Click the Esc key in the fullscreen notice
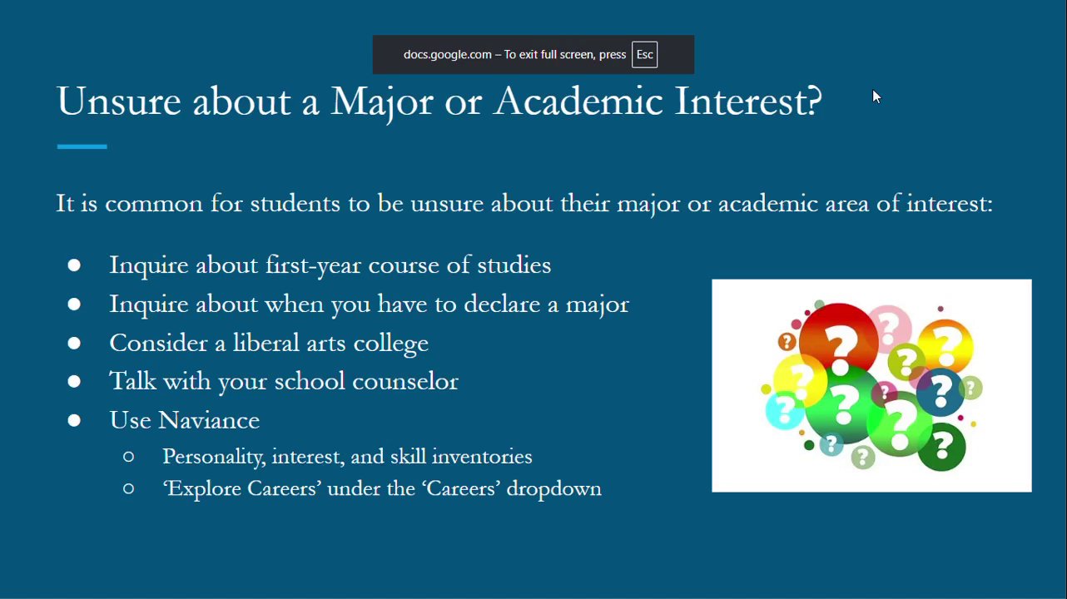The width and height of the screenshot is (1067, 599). coord(644,55)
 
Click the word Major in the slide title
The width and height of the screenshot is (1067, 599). coord(381,101)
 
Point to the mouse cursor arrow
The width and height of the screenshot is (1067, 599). coord(876,97)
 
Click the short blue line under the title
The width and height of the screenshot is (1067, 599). coord(82,146)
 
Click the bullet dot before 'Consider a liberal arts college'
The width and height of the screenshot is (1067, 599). coord(74,343)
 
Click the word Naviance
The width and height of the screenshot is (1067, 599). coord(209,420)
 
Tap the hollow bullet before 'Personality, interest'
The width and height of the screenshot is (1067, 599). coord(128,457)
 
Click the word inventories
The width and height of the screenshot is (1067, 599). coord(482,457)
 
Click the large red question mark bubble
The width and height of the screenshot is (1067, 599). coord(839,341)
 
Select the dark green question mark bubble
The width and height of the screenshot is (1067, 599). coord(941,447)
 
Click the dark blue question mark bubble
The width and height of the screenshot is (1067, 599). coord(940,392)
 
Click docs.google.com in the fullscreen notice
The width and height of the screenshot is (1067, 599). coord(447,55)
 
